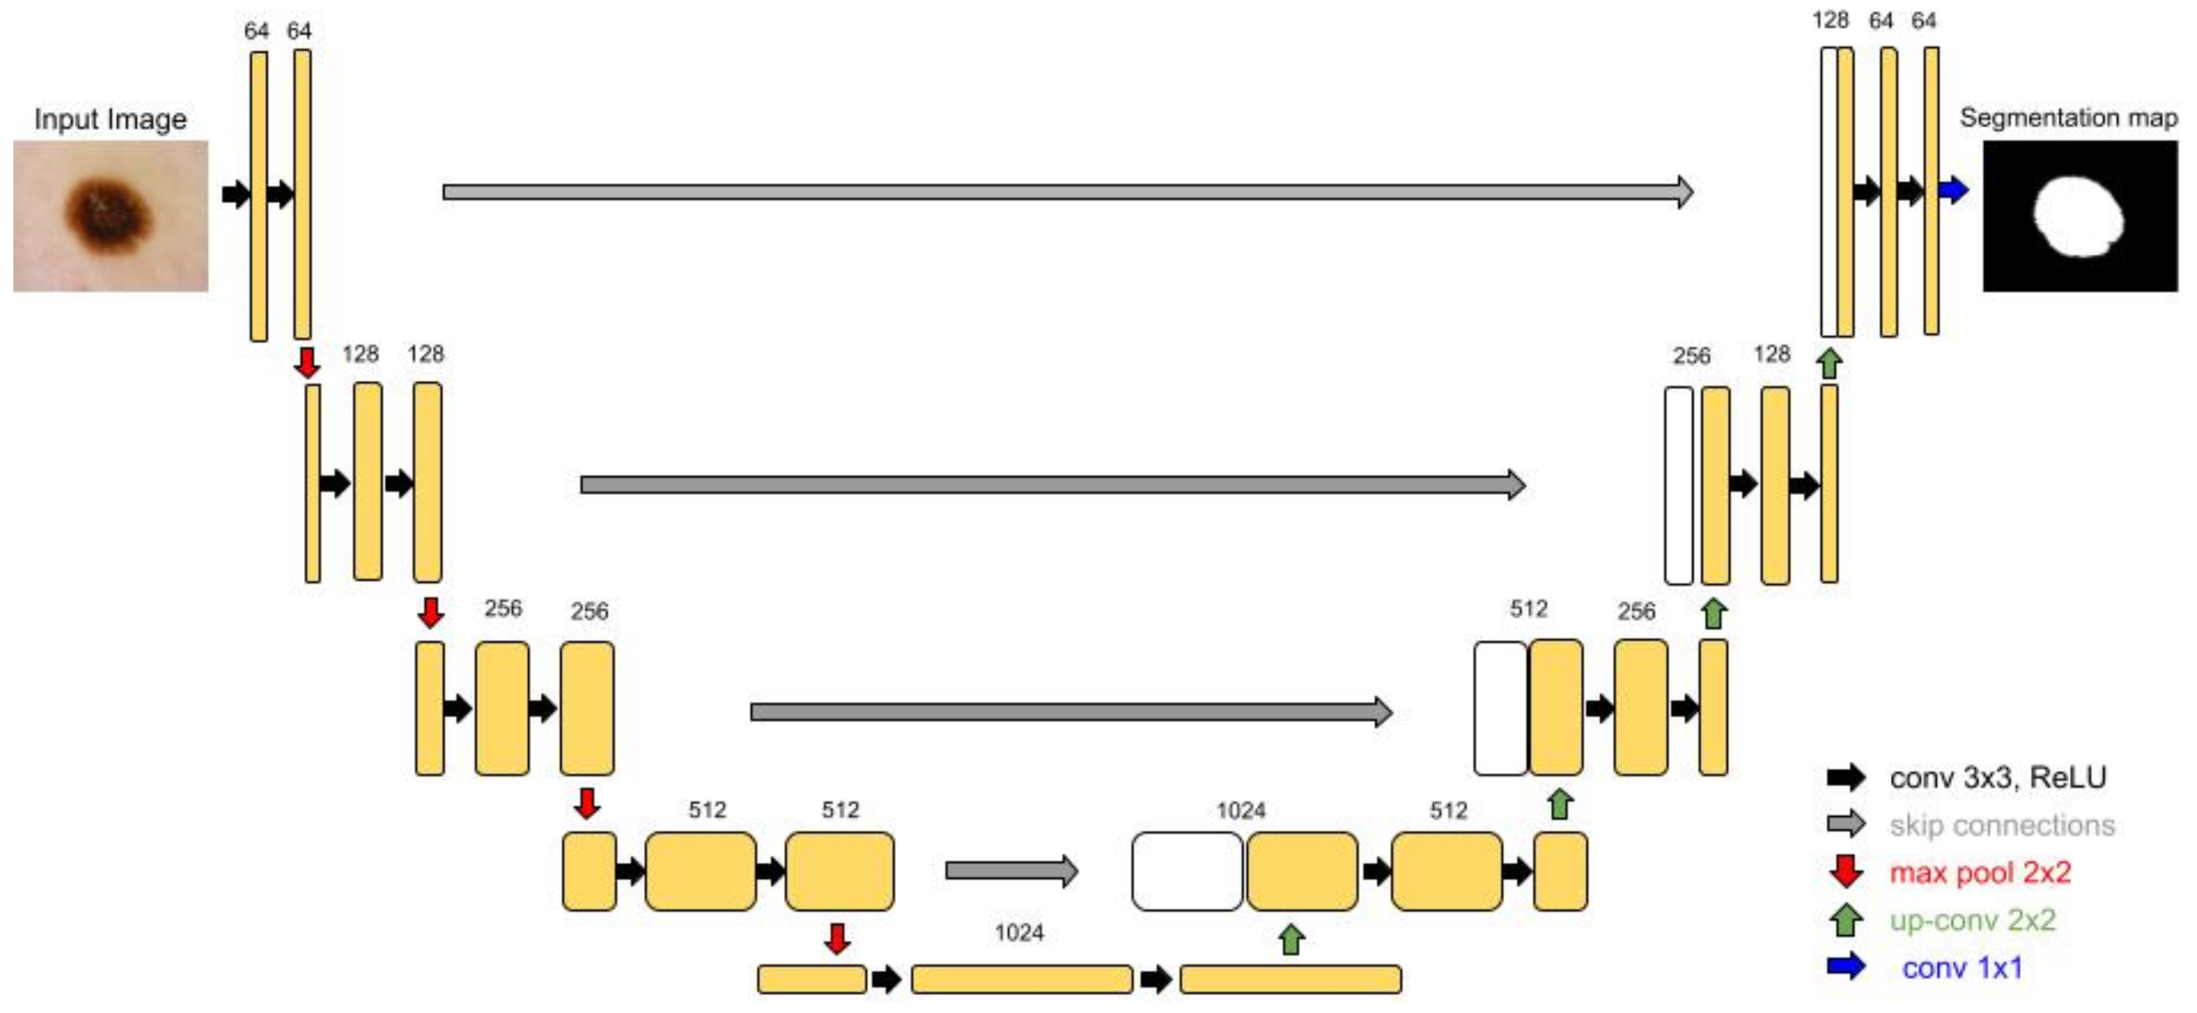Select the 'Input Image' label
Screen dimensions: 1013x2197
point(110,119)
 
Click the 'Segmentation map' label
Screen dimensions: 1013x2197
point(2068,118)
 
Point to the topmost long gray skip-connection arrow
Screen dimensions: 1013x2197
point(1066,192)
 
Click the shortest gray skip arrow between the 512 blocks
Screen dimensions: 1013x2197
point(1010,871)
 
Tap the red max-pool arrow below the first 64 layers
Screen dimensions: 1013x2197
point(307,362)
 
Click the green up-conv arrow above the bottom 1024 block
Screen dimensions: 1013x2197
point(1291,940)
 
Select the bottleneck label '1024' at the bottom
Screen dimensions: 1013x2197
point(1018,932)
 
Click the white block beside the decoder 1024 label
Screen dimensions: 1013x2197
point(1187,871)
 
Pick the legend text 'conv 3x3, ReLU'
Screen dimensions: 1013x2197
point(1997,777)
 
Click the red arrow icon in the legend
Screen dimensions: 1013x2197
point(1846,871)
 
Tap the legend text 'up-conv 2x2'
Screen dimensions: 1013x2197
point(1972,920)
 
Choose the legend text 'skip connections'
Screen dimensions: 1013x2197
point(2002,825)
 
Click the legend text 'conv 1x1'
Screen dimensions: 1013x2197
point(1961,968)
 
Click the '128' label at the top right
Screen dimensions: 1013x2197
point(1830,20)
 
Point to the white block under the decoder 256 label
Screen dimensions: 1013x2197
point(1678,485)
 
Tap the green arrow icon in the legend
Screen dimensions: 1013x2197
point(1846,919)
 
